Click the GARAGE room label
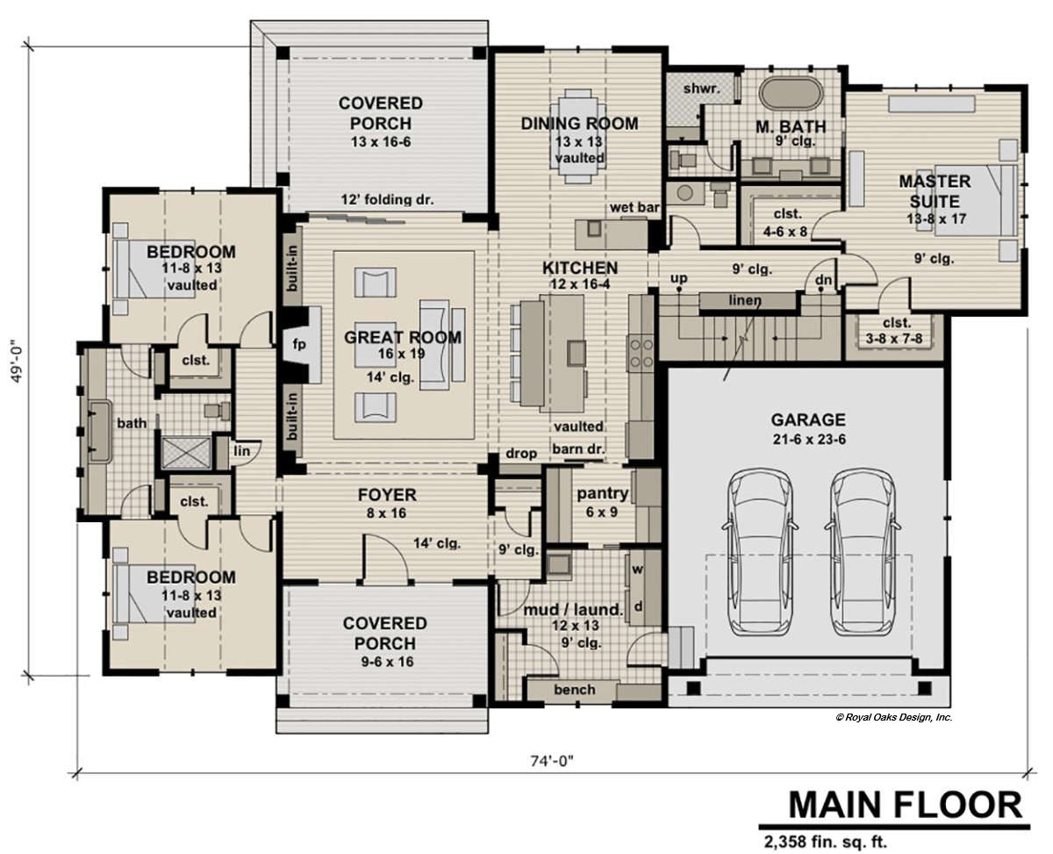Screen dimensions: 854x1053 tap(807, 420)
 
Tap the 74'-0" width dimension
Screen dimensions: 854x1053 tap(554, 761)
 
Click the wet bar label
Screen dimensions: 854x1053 tap(634, 207)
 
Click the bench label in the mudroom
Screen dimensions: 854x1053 tap(574, 690)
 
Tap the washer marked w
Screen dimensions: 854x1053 tap(638, 570)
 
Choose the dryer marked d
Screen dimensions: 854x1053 tap(638, 606)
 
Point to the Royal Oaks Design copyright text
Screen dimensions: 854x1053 tap(893, 717)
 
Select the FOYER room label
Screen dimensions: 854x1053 tap(386, 495)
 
